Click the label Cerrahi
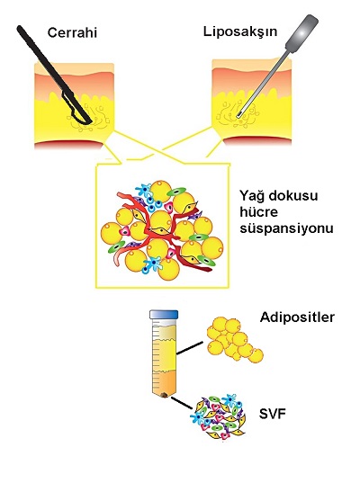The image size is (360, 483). [x=72, y=32]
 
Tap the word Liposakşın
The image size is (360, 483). [x=240, y=32]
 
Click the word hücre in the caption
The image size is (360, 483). [x=259, y=212]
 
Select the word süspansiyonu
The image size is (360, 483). [x=286, y=229]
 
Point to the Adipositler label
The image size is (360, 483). [x=297, y=318]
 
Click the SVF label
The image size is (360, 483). [x=272, y=414]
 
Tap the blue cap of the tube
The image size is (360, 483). [x=164, y=315]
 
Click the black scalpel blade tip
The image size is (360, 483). [x=90, y=121]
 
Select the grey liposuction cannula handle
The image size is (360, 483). [x=301, y=32]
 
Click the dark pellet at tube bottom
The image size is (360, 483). [x=165, y=395]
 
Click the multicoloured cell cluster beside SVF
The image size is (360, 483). [x=218, y=417]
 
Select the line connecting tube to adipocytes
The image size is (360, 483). [x=190, y=348]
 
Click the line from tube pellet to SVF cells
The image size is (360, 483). [x=182, y=403]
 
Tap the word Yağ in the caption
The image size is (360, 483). [x=251, y=196]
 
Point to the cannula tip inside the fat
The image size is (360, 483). [x=239, y=115]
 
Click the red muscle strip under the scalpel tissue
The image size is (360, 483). [x=68, y=145]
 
